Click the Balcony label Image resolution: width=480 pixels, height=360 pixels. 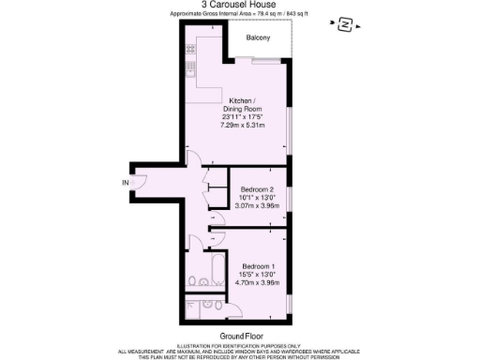pos(258,38)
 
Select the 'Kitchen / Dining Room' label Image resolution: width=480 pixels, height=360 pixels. pos(247,105)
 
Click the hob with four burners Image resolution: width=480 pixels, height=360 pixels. pos(189,67)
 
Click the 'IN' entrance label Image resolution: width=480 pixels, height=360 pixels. pos(125,182)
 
